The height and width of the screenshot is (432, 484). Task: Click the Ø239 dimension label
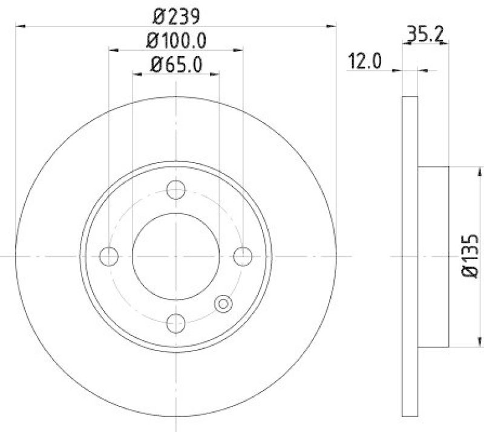tap(175, 15)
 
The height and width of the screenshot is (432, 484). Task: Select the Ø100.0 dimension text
tap(175, 40)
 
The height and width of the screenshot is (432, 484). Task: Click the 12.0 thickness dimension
tap(364, 62)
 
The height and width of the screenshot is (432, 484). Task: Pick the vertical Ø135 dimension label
tap(471, 257)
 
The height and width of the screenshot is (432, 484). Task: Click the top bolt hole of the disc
tap(175, 190)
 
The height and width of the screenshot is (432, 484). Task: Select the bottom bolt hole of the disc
tap(175, 323)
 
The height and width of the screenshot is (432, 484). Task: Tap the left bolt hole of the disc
tap(109, 256)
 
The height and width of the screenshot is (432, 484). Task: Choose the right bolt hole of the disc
tap(243, 256)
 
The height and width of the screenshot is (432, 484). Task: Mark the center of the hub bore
tap(175, 256)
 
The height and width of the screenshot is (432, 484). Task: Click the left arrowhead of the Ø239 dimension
tap(19, 26)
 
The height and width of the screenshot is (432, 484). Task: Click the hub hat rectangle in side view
tap(433, 257)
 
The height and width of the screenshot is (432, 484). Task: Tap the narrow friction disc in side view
tap(410, 257)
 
